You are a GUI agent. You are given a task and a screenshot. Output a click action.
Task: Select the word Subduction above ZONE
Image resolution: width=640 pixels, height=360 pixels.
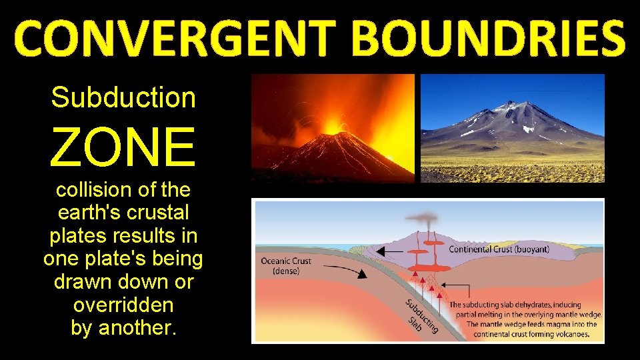coord(123,97)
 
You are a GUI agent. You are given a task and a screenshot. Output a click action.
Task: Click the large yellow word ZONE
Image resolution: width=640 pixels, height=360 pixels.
coord(123,147)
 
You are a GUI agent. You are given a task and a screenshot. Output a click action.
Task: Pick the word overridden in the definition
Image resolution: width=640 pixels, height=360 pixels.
coord(123,305)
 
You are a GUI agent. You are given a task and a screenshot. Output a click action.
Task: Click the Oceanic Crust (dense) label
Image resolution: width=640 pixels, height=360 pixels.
coord(285,265)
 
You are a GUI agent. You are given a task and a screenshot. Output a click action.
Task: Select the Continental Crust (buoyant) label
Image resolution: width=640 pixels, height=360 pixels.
coord(500,250)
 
